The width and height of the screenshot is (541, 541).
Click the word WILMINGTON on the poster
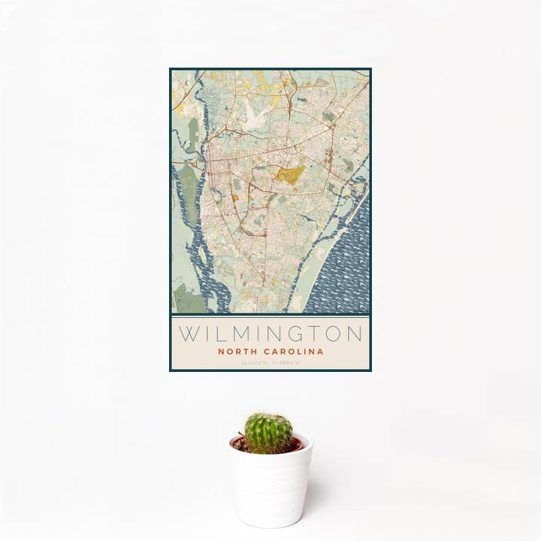(x=270, y=332)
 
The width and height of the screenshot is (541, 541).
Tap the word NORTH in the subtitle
(x=235, y=351)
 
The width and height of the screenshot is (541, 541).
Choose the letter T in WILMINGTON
(x=311, y=332)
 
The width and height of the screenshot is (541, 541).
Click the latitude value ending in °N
(x=253, y=363)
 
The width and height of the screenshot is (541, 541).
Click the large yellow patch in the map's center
(x=289, y=175)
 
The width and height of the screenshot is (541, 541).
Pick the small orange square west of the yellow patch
(x=234, y=198)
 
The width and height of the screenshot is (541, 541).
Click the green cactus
(x=268, y=432)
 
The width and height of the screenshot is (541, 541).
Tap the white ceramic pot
(x=270, y=488)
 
